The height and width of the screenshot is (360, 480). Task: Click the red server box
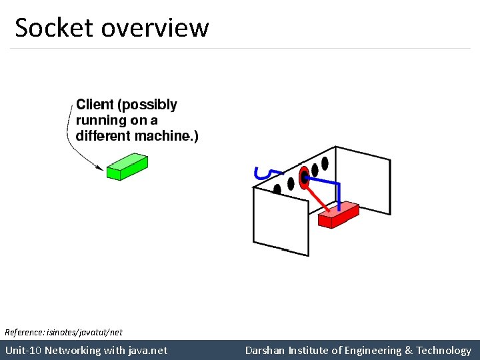338,215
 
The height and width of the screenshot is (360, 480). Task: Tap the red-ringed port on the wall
305,176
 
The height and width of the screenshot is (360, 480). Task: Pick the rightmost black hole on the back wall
325,162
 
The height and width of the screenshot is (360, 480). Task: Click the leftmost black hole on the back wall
277,188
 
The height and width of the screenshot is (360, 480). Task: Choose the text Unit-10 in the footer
23,350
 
